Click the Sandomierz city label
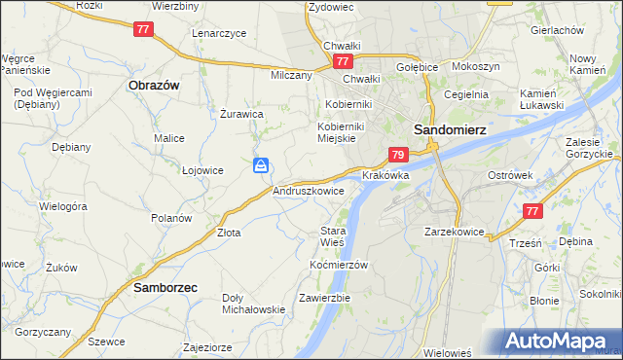[x=450, y=127]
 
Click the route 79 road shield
[x=397, y=154]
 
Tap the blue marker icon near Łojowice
[x=261, y=166]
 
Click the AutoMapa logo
[x=560, y=342]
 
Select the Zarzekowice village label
[x=454, y=233]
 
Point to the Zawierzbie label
[x=325, y=297]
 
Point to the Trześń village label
[x=524, y=243]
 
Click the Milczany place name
[x=291, y=75]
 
